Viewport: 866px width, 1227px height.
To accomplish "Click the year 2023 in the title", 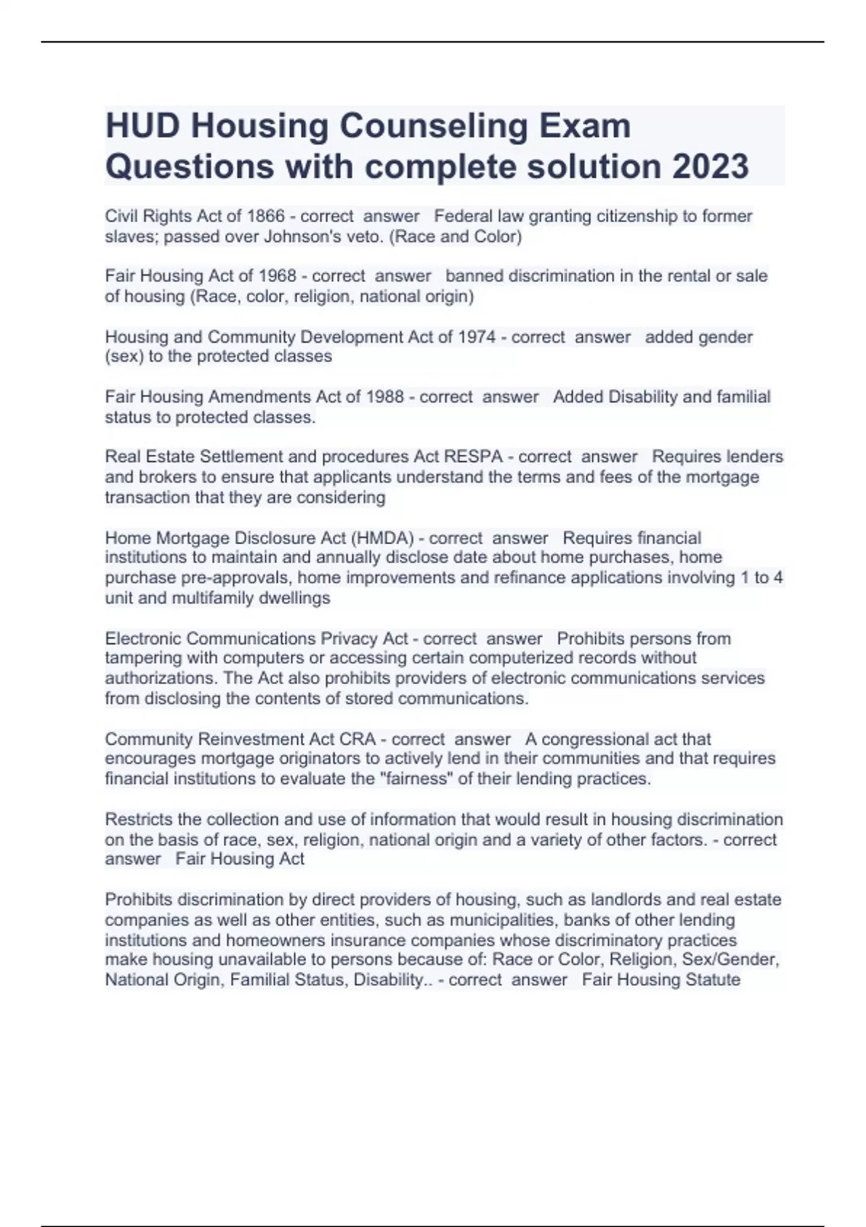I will point(710,166).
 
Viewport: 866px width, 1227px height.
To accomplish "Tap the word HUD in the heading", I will point(142,126).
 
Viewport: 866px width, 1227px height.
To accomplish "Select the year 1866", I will point(266,216).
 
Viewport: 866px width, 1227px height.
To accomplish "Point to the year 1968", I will point(277,276).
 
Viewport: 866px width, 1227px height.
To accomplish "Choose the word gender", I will point(725,336).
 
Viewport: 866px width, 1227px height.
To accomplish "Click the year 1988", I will point(385,396).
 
